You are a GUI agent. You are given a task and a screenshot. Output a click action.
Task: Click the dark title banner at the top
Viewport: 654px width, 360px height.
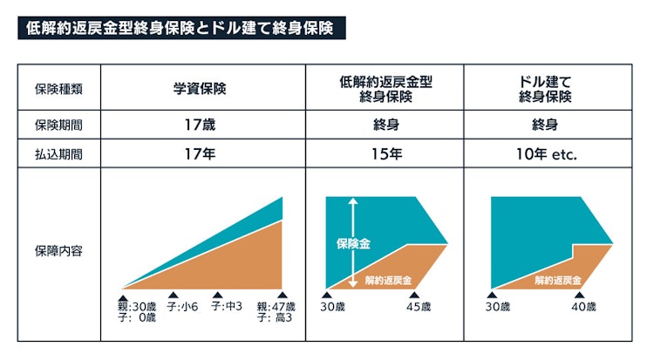[181, 28]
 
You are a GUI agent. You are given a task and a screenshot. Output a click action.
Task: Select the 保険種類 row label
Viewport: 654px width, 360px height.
[59, 88]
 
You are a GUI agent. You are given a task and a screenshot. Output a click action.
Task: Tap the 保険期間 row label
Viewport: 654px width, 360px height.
[59, 125]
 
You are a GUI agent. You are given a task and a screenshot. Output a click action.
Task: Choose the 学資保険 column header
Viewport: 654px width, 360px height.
[201, 88]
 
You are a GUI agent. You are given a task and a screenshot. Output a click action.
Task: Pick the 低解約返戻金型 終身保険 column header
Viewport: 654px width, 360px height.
[385, 88]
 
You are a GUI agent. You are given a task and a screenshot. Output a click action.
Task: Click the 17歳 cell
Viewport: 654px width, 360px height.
[201, 125]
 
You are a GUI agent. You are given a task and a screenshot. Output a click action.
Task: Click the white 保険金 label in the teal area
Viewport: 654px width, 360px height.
[353, 245]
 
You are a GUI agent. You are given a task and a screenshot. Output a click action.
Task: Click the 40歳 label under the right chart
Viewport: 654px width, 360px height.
[582, 306]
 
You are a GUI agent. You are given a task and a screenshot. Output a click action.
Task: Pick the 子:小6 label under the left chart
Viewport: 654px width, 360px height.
[182, 306]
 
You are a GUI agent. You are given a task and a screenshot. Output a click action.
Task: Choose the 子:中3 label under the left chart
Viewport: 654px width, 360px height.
[226, 306]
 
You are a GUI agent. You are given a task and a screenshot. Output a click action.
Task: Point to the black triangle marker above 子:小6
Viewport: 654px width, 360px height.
[173, 295]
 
